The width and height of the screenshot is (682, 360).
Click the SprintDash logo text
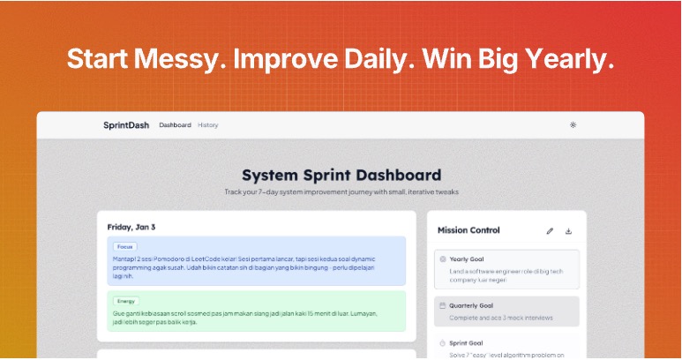click(125, 125)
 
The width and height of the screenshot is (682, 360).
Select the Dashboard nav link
click(175, 125)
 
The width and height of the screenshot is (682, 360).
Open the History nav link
click(208, 125)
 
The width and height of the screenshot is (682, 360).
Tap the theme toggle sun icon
click(573, 125)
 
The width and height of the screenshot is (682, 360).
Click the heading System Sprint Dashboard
click(341, 175)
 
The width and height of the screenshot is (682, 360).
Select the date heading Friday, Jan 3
click(131, 227)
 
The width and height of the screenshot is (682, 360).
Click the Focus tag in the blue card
click(124, 247)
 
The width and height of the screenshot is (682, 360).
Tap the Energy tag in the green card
click(126, 301)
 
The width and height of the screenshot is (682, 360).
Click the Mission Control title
click(468, 230)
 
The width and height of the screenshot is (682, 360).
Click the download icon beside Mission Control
click(568, 231)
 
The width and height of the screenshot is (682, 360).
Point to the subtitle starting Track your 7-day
click(341, 191)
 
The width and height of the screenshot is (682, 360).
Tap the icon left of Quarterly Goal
click(442, 305)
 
